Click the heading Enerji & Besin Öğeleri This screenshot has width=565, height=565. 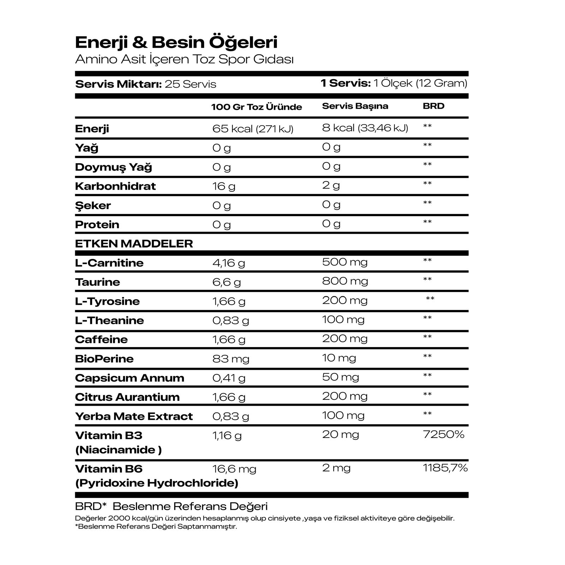[x=176, y=42]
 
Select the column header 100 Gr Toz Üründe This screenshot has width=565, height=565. [x=256, y=107]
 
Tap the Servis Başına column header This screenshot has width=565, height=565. [x=355, y=106]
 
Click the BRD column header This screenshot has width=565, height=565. [x=433, y=106]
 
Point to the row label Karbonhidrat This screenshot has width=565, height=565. [x=115, y=186]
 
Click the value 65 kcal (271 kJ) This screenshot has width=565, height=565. [x=253, y=129]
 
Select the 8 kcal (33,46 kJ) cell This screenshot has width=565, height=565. [x=365, y=128]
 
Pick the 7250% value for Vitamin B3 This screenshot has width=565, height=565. [x=443, y=434]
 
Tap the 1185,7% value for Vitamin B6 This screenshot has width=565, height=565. [x=445, y=468]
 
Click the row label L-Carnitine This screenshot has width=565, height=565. [x=109, y=263]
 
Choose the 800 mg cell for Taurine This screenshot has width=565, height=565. [x=345, y=281]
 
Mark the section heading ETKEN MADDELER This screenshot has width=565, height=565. [x=134, y=244]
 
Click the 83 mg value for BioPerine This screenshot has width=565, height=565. [x=231, y=359]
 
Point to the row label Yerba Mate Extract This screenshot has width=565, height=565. [x=134, y=416]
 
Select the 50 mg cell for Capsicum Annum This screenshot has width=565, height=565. [x=340, y=377]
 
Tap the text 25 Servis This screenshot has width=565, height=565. [x=190, y=84]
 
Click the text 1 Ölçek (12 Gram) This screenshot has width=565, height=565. [x=420, y=83]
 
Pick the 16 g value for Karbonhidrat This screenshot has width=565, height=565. [x=224, y=186]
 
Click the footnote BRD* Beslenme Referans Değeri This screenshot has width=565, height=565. [x=171, y=506]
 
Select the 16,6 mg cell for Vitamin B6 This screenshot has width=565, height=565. [x=234, y=469]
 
